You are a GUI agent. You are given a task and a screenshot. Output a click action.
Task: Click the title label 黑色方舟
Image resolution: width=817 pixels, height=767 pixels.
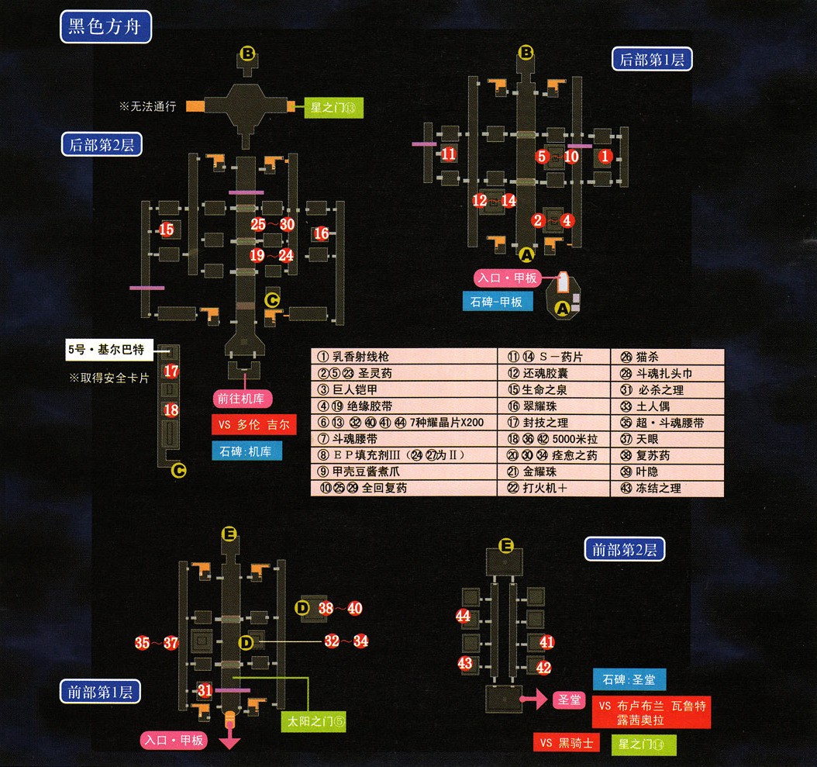pyautogui.click(x=105, y=28)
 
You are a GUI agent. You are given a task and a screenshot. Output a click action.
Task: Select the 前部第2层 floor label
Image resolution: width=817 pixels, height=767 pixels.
pyautogui.click(x=624, y=550)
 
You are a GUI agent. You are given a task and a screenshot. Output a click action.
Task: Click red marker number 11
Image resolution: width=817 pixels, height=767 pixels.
pyautogui.click(x=449, y=154)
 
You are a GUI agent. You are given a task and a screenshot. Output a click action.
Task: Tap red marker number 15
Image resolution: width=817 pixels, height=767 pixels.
pyautogui.click(x=167, y=229)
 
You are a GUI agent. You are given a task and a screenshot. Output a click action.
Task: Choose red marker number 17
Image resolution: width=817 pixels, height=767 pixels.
pyautogui.click(x=171, y=371)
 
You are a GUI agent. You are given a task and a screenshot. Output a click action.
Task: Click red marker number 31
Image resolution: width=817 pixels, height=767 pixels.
pyautogui.click(x=205, y=689)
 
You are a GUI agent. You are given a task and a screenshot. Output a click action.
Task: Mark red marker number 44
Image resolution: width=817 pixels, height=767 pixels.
pyautogui.click(x=464, y=617)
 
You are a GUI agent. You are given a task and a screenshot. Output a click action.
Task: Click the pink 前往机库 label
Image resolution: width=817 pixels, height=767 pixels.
pyautogui.click(x=243, y=399)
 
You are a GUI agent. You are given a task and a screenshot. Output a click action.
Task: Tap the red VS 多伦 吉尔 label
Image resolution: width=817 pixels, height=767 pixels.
pyautogui.click(x=253, y=425)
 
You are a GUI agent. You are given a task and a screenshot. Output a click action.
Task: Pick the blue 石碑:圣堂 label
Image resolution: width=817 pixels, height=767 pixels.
pyautogui.click(x=629, y=680)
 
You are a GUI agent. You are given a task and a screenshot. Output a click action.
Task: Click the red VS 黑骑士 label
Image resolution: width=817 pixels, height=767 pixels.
pyautogui.click(x=567, y=743)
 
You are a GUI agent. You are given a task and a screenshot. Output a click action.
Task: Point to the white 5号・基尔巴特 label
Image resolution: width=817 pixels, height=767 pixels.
pyautogui.click(x=112, y=350)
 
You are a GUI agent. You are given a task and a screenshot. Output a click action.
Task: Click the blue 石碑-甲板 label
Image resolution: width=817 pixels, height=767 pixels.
pyautogui.click(x=497, y=302)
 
